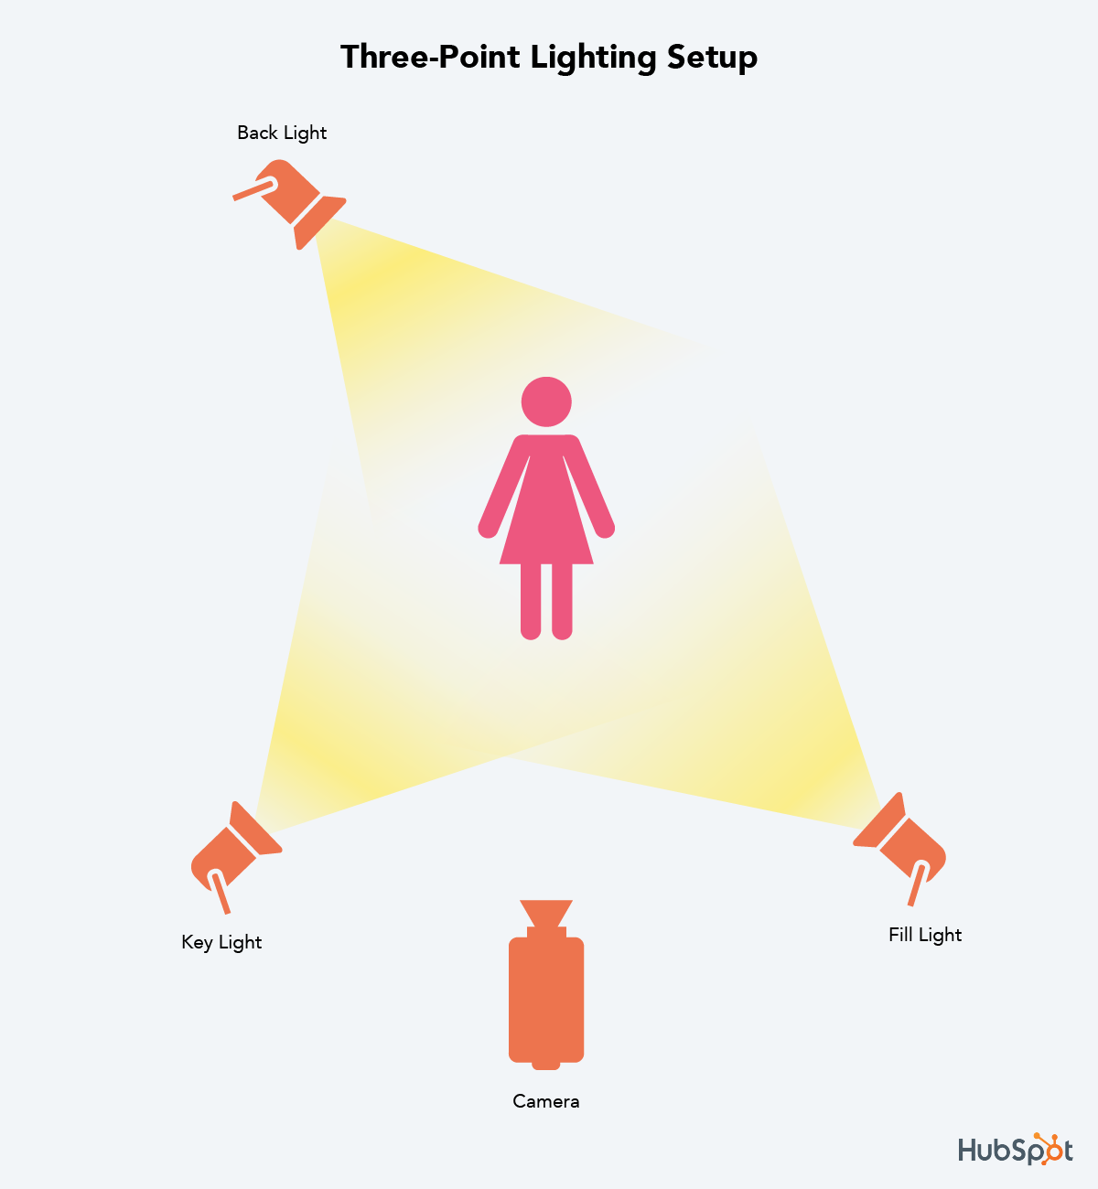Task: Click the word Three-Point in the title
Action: tap(430, 57)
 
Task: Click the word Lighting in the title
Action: tap(593, 59)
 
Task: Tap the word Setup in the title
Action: tap(712, 59)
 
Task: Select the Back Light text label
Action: tap(282, 133)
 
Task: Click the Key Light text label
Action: tap(221, 942)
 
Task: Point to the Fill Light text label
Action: tap(925, 935)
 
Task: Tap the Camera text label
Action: tap(545, 1101)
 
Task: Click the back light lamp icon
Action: tap(289, 204)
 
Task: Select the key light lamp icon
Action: tap(236, 857)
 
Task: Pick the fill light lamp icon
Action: tap(899, 849)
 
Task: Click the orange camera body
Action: tap(545, 999)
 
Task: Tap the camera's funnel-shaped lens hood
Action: tap(545, 914)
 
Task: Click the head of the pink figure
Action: tap(546, 402)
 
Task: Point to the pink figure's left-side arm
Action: tap(503, 487)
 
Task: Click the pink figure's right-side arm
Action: tap(589, 487)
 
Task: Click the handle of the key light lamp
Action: tap(220, 892)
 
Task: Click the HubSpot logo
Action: tap(1016, 1149)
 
